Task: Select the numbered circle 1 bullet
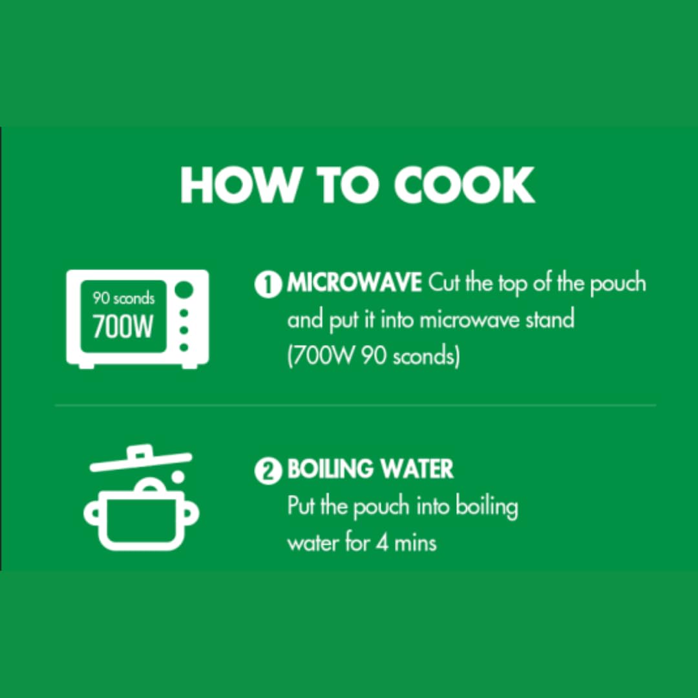(268, 285)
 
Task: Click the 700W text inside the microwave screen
(123, 327)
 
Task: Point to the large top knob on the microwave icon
(184, 290)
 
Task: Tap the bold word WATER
(417, 469)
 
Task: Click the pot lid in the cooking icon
(141, 460)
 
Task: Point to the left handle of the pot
(92, 513)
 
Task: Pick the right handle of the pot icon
(191, 513)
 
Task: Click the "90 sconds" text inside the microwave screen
(123, 298)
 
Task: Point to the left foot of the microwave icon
(87, 365)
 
